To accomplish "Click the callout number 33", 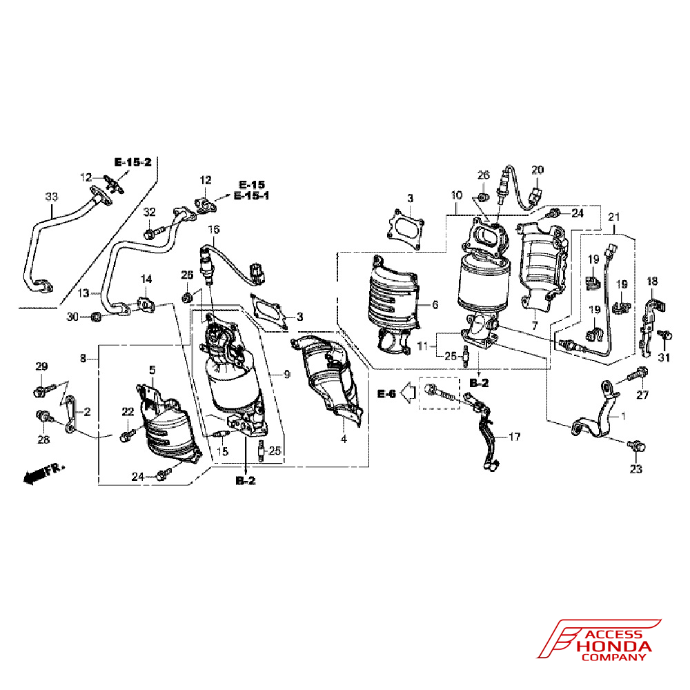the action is tap(52, 197).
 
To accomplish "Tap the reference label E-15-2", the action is tap(133, 162).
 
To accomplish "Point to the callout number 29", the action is tap(41, 366).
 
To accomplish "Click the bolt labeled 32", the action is tap(155, 231).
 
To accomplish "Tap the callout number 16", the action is tap(213, 229).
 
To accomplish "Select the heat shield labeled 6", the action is tap(393, 306).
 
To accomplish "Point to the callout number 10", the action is tap(456, 195).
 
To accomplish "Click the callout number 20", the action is tap(538, 170).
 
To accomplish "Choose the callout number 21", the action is tap(614, 217).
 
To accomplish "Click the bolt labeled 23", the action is tap(637, 446).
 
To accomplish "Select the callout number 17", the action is tap(515, 437).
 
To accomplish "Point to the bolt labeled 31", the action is tap(664, 335).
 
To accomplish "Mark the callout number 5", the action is tap(152, 370).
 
